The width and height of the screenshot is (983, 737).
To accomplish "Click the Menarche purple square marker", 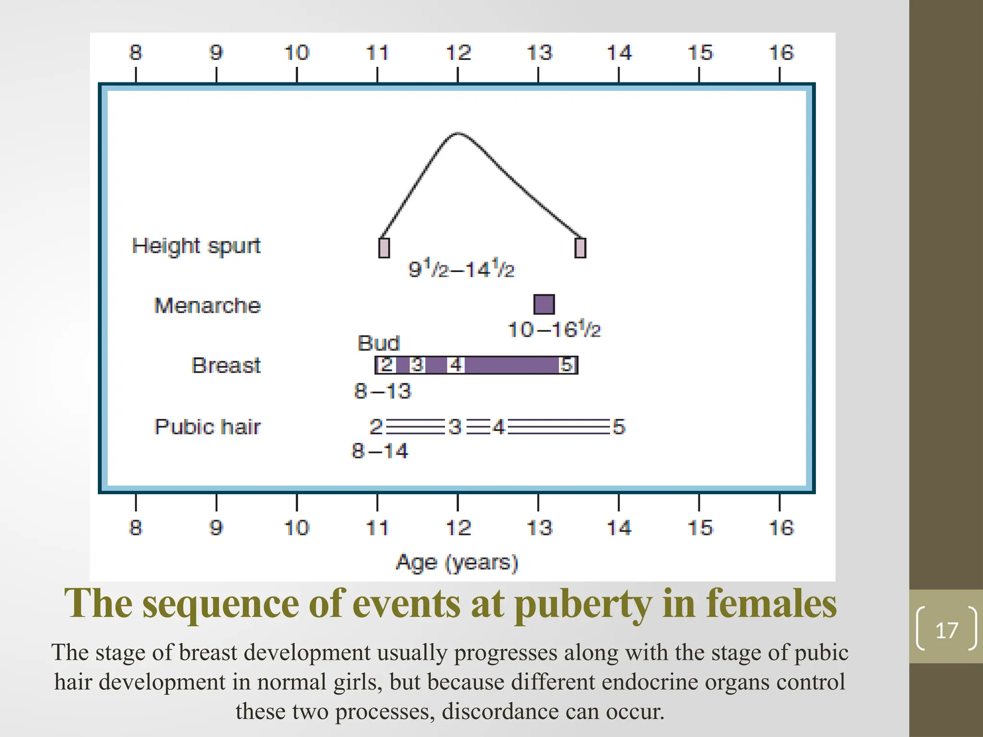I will click(544, 304).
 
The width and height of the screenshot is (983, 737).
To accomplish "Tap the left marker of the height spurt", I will click(384, 248).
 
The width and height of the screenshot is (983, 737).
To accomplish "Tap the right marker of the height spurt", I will click(580, 248).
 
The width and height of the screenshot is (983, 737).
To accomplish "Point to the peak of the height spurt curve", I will click(458, 133).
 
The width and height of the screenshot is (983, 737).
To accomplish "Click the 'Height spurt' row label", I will click(196, 246).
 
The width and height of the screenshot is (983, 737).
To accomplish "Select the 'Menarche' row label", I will click(207, 306).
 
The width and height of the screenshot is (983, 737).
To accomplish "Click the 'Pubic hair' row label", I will click(207, 427).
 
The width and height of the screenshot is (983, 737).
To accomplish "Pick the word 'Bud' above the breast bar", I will click(379, 343).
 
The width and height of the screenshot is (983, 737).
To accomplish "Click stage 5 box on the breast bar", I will click(567, 365).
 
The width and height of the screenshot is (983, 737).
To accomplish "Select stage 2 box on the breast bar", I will click(386, 365).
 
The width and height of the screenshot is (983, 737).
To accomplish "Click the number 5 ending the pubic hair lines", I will click(619, 427).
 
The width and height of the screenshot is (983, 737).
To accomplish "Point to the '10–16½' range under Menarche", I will click(554, 330).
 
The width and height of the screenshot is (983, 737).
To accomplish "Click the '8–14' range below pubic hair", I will click(380, 451).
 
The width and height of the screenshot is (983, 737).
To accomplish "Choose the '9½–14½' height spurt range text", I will click(461, 269).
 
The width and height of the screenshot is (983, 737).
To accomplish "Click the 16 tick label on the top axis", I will click(781, 53).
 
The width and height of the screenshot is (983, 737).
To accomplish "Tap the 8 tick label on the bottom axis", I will click(136, 528).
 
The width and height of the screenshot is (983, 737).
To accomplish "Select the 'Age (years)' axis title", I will click(457, 562).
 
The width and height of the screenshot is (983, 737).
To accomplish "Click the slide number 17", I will click(946, 630).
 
